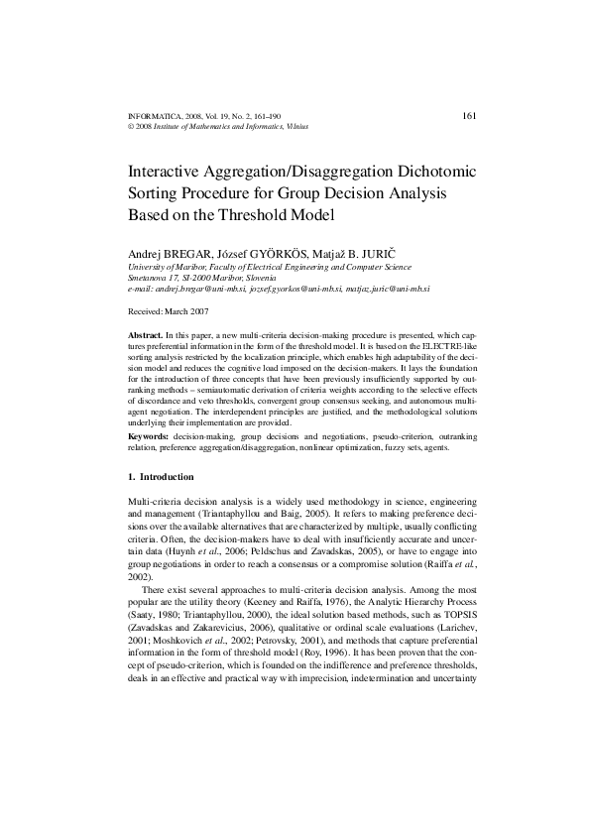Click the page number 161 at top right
pyautogui.click(x=471, y=116)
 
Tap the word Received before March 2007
pyautogui.click(x=148, y=310)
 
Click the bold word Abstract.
pyautogui.click(x=147, y=338)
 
